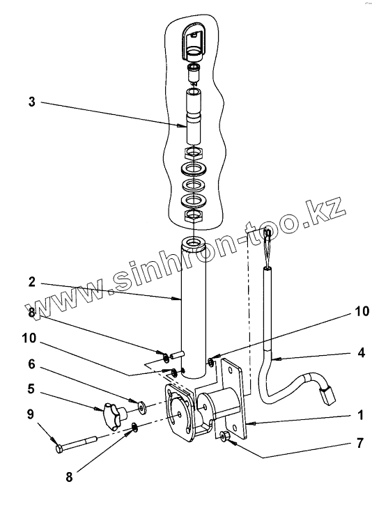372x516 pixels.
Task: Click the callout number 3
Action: pyautogui.click(x=31, y=102)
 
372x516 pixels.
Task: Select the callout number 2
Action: pyautogui.click(x=31, y=282)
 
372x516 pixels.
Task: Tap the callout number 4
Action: pyautogui.click(x=361, y=352)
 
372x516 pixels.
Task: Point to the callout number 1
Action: pyautogui.click(x=360, y=415)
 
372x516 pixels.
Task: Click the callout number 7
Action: pyautogui.click(x=360, y=443)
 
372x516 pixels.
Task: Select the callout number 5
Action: pyautogui.click(x=31, y=389)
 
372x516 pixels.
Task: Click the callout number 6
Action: pyautogui.click(x=31, y=364)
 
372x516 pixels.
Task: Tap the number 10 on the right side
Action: pyautogui.click(x=362, y=311)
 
